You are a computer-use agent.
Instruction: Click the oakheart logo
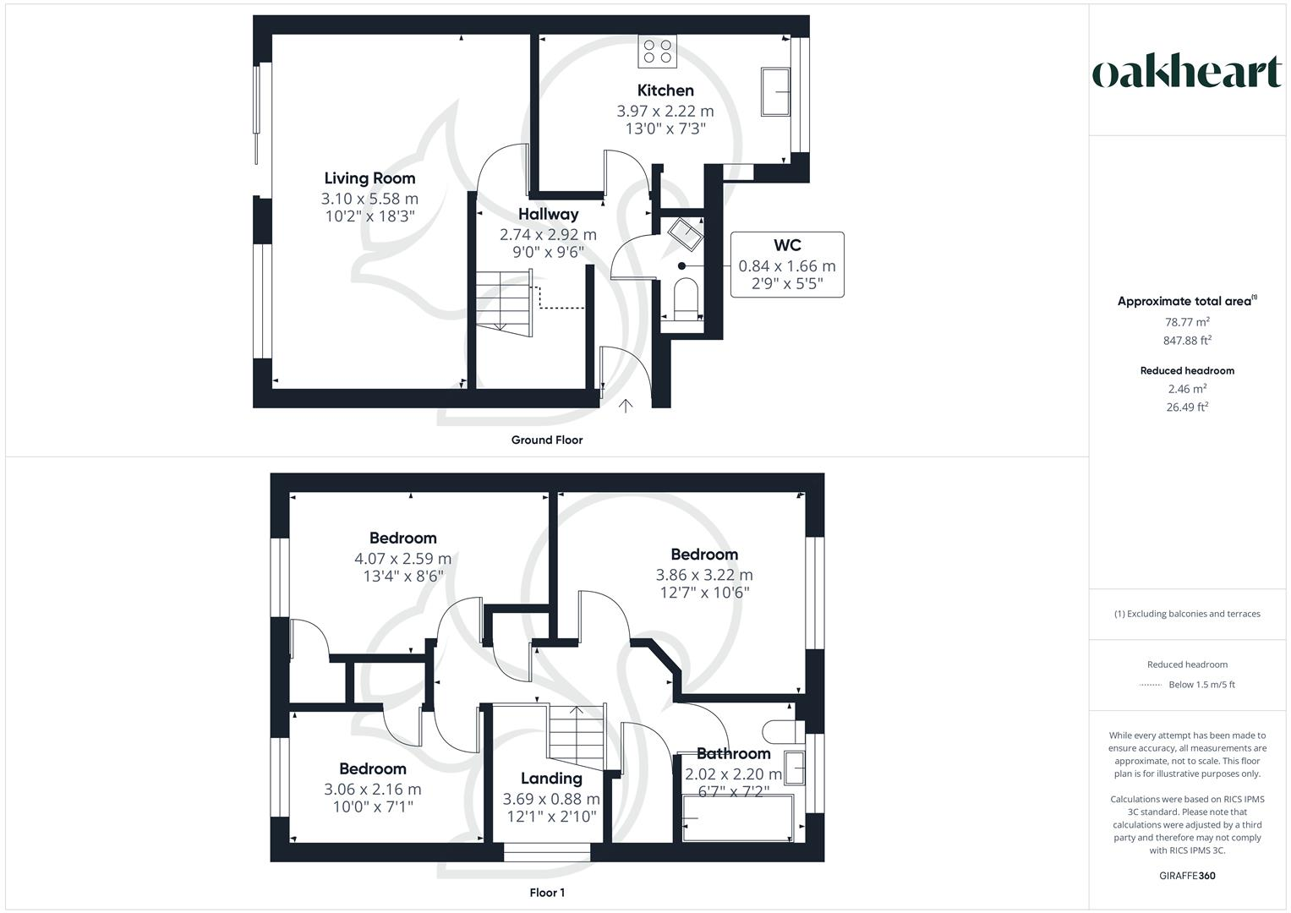tap(1187, 73)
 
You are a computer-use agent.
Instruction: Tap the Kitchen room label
tap(665, 90)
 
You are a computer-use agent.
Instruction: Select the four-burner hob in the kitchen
tap(657, 51)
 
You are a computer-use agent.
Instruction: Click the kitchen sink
tap(775, 91)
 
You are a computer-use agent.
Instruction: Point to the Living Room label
tap(369, 178)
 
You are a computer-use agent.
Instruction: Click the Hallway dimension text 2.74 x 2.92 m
tap(548, 234)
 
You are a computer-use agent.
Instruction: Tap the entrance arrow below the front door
tap(626, 407)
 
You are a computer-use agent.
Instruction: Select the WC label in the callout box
tap(786, 246)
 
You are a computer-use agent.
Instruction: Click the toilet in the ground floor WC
tap(684, 298)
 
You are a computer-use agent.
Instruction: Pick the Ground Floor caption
tap(547, 440)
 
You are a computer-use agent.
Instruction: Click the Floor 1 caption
tap(547, 893)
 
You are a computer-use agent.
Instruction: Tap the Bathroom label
tap(733, 753)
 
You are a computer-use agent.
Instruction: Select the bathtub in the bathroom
tap(737, 817)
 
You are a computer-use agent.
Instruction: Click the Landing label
tap(551, 779)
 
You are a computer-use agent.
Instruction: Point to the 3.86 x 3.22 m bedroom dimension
tap(704, 575)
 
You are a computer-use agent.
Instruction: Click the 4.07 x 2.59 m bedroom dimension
tap(402, 559)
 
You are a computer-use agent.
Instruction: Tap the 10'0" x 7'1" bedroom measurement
tap(372, 807)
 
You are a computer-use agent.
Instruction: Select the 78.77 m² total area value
tap(1187, 322)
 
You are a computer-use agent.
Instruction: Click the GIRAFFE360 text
tap(1187, 876)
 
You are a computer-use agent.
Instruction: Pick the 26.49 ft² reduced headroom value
tap(1187, 407)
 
